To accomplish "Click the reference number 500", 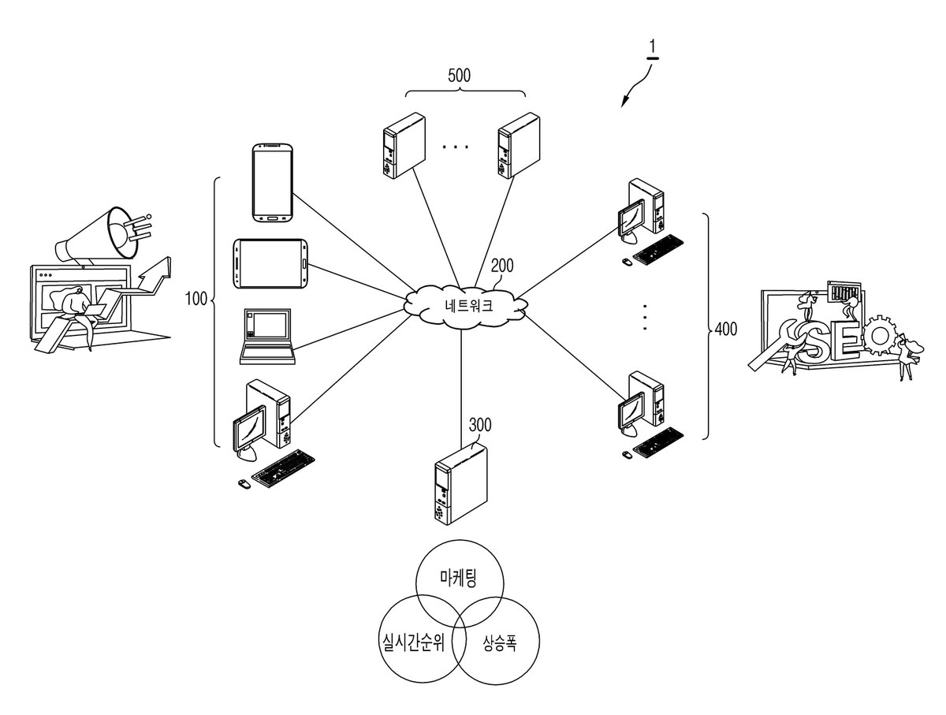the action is [x=459, y=76].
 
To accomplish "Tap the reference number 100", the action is [x=196, y=299].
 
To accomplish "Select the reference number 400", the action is [x=726, y=330].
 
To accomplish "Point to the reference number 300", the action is [x=479, y=425].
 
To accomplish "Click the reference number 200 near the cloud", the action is [x=502, y=266].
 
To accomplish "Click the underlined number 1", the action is [x=653, y=47].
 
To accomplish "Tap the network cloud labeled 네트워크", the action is [x=465, y=306].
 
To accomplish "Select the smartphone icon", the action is [x=273, y=183].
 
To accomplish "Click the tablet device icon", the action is [x=270, y=263].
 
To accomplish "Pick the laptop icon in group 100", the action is [x=267, y=336].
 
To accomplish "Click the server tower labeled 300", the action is [x=460, y=485].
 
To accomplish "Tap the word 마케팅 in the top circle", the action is [x=459, y=578].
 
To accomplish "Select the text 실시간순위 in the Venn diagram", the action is [x=413, y=642].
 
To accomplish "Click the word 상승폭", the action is [x=499, y=643].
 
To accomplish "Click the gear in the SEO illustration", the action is [x=878, y=336].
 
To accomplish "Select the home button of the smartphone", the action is [x=273, y=218].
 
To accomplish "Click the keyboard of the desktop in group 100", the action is [x=283, y=468].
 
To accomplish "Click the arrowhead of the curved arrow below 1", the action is [x=624, y=102].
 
